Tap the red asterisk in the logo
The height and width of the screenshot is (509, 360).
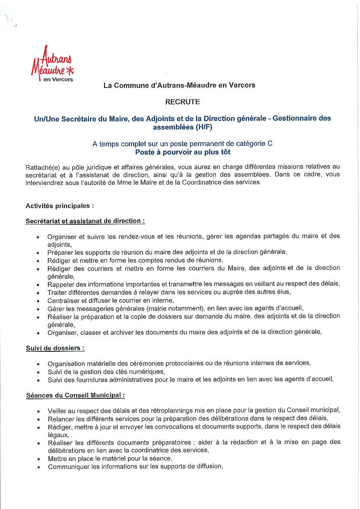click(71, 69)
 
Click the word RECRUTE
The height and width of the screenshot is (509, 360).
click(182, 102)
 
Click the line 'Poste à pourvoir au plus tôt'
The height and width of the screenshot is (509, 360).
click(182, 152)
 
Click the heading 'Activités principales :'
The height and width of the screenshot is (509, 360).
click(60, 206)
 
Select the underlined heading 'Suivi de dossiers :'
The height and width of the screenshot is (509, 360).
click(55, 348)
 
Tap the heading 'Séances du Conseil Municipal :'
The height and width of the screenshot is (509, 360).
click(75, 395)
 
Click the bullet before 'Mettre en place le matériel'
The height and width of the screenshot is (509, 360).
click(38, 458)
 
